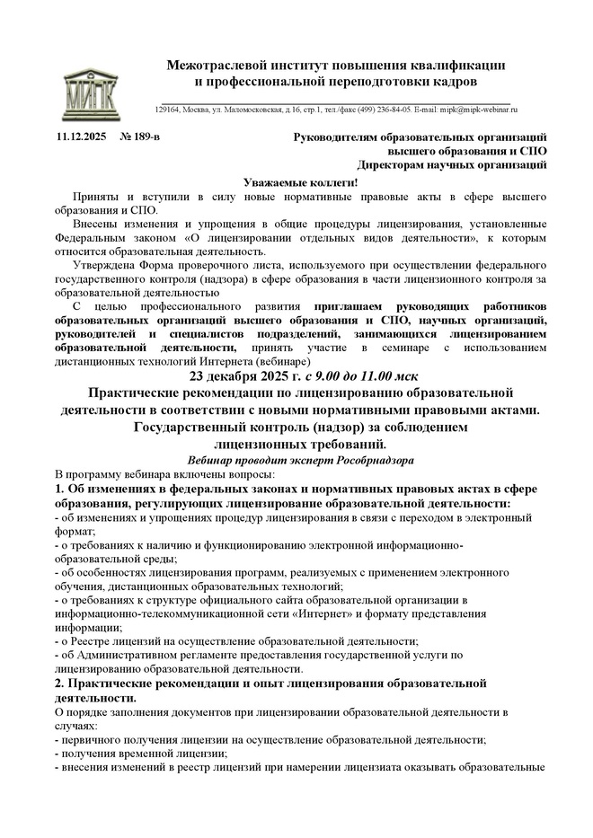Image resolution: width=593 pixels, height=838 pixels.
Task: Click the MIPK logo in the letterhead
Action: click(93, 87)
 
